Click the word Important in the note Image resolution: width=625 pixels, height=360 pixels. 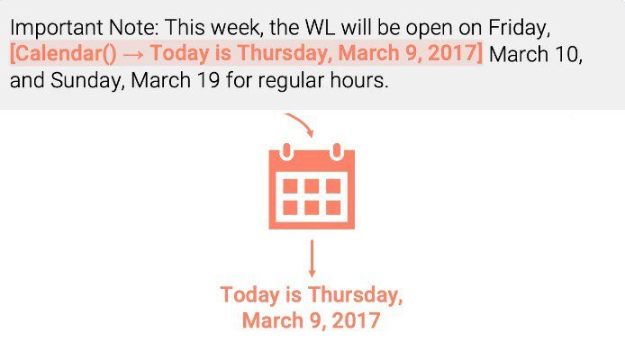coord(56,28)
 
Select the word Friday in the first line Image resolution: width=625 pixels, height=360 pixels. coord(519,29)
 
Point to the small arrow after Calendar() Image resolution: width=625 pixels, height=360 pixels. coord(133,55)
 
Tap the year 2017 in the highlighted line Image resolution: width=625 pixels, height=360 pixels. coord(452,53)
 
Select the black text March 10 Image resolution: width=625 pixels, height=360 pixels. coord(535,54)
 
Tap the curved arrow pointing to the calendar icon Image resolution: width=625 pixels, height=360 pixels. coord(301,123)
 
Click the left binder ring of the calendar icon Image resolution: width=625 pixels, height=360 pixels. coord(286,152)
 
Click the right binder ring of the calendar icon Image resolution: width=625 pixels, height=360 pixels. coord(337,152)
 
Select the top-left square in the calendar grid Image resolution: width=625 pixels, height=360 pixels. coord(290,186)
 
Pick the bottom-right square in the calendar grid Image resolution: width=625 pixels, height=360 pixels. coord(333,208)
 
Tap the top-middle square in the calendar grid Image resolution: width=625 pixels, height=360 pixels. coord(312,186)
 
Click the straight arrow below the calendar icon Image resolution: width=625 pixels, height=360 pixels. coord(312,258)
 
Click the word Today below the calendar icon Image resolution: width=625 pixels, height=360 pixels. coord(250,295)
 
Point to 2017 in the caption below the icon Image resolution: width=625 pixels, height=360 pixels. coord(356,320)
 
